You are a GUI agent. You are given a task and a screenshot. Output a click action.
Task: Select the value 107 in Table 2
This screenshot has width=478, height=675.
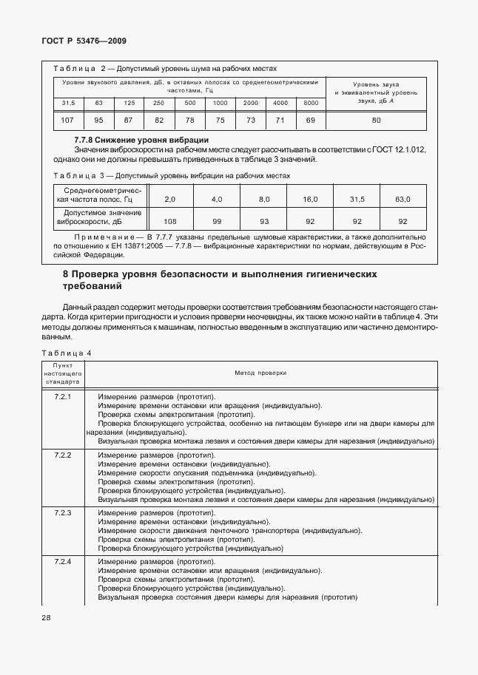(x=68, y=120)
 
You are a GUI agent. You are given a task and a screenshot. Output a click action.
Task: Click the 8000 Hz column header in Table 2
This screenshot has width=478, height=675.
(x=311, y=102)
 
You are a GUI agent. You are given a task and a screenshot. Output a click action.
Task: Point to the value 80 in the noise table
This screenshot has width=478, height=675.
(x=376, y=120)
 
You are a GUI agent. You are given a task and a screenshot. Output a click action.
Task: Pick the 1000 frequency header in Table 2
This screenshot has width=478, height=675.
(x=220, y=102)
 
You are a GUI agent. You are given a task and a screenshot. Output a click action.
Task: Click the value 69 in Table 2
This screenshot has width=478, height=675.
(x=311, y=120)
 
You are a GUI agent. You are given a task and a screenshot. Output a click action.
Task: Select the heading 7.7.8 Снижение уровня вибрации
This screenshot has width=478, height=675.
(x=141, y=140)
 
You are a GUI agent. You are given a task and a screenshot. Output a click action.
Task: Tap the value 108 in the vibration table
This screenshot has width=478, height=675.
(x=169, y=221)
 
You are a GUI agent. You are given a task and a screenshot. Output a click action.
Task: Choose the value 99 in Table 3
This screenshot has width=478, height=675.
(x=216, y=221)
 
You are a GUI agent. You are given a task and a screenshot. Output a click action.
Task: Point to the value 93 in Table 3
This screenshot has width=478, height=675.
(x=263, y=221)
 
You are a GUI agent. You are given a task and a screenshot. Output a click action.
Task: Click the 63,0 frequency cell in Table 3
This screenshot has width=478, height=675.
(x=403, y=200)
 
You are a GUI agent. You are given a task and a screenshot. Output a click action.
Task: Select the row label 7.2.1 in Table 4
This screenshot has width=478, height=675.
(x=63, y=397)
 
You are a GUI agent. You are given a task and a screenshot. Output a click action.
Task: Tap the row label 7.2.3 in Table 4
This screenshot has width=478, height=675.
(x=63, y=512)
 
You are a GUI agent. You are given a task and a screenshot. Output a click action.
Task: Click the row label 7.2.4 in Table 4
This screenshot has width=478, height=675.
(x=63, y=563)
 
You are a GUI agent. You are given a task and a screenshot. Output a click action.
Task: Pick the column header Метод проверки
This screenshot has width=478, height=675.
(x=260, y=373)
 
